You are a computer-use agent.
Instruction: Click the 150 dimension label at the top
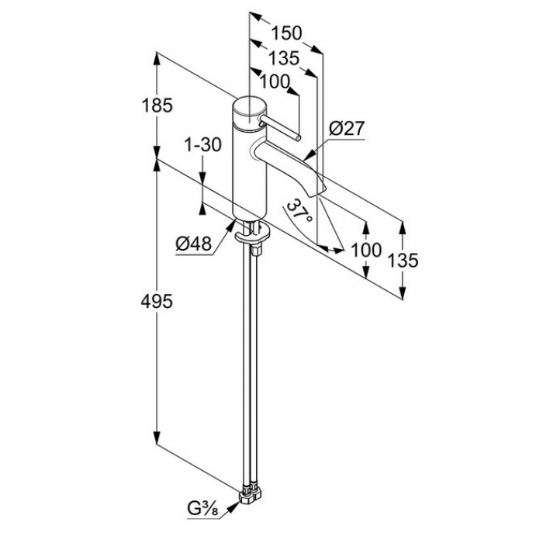286,33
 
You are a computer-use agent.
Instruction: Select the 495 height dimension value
157,302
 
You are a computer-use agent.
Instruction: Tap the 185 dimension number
157,105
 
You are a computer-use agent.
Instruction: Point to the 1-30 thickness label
202,144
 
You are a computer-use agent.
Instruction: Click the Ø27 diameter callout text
347,130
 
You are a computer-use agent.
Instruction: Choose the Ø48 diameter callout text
194,245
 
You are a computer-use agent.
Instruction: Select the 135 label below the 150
284,58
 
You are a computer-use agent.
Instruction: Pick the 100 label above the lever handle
275,81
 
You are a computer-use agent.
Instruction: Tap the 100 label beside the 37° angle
366,250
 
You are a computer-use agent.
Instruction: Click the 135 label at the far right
403,260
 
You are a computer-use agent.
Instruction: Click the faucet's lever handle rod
279,128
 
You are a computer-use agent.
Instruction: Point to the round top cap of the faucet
249,110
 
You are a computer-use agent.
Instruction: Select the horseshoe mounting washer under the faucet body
252,234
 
